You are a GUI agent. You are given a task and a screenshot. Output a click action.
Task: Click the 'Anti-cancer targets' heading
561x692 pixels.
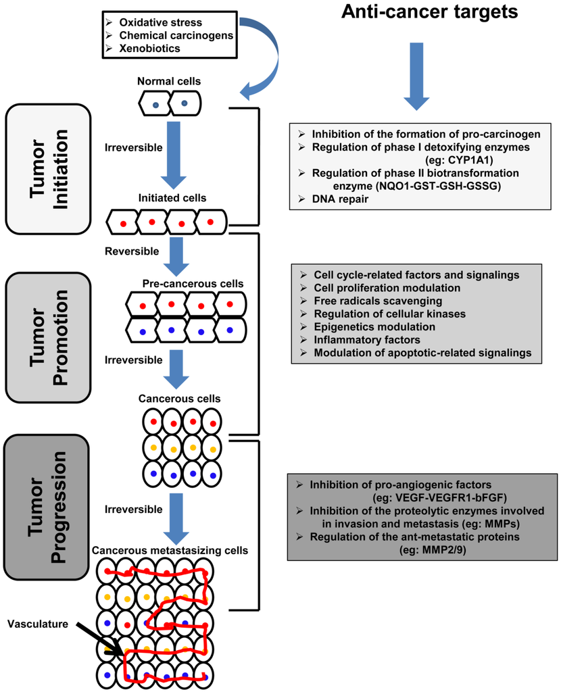point(429,12)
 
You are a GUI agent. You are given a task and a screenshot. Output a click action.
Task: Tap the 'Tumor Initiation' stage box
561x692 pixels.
point(48,169)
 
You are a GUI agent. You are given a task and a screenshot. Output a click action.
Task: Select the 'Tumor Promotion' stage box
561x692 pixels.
point(48,338)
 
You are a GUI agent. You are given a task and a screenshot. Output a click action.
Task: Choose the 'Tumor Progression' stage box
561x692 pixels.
point(47,507)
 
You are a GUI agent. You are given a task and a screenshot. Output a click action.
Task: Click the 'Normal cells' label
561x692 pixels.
point(169,81)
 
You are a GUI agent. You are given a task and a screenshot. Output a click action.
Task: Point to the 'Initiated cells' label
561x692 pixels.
point(172,198)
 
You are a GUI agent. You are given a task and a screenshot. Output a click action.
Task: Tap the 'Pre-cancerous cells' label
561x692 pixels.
point(193,284)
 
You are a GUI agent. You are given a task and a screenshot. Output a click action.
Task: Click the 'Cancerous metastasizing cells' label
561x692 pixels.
point(170,551)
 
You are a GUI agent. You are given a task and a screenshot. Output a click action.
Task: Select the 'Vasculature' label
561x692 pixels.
point(38,624)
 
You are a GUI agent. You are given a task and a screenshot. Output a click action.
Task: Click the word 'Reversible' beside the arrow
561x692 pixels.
point(132,251)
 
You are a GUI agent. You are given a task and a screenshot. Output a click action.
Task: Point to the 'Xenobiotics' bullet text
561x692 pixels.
point(149,48)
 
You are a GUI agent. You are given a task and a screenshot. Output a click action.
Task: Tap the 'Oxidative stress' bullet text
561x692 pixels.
point(161,22)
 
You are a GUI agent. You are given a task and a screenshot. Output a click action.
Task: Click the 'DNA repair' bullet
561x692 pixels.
point(340,199)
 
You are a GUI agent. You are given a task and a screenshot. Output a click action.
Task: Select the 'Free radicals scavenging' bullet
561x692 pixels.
point(378,301)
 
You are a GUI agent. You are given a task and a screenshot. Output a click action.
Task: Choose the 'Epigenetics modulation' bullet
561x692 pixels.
point(374,327)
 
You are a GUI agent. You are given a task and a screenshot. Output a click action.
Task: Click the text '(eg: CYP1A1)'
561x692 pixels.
point(459,159)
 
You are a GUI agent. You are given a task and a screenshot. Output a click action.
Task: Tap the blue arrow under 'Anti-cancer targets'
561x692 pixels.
point(416,76)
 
